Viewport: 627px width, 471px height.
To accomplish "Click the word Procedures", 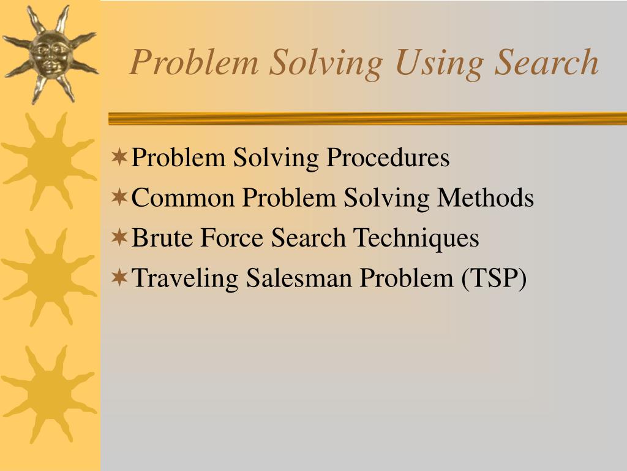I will pyautogui.click(x=388, y=158).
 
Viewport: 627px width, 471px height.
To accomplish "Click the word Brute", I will pyautogui.click(x=160, y=238).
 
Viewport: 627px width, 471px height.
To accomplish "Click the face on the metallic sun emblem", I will pyautogui.click(x=50, y=53).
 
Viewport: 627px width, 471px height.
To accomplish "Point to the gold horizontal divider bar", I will pyautogui.click(x=367, y=118).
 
